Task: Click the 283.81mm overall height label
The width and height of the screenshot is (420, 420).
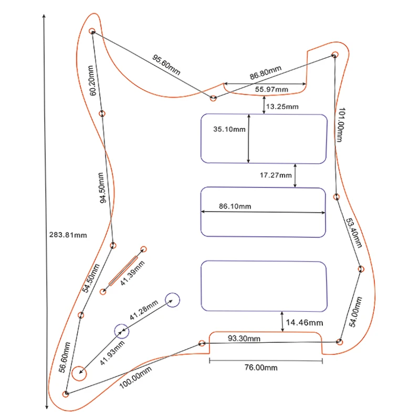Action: point(67,235)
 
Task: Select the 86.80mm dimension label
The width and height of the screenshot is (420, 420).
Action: point(265,72)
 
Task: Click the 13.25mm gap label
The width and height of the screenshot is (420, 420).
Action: point(282,107)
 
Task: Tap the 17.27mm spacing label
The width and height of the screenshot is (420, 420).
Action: point(276,175)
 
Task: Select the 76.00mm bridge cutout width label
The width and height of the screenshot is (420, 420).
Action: point(260,367)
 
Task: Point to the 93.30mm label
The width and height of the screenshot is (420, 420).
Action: point(243,339)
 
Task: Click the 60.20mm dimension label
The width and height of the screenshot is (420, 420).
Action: point(92,80)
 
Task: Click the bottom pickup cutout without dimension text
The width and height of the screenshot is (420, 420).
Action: point(264,286)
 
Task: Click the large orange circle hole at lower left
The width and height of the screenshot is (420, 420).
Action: point(79,373)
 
